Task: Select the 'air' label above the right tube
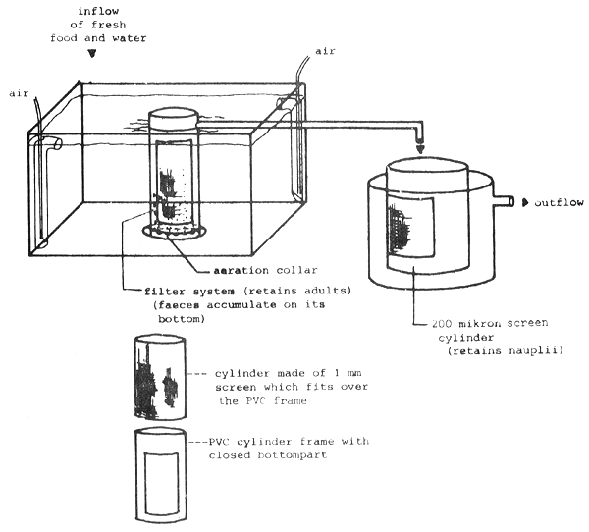[x=325, y=49]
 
